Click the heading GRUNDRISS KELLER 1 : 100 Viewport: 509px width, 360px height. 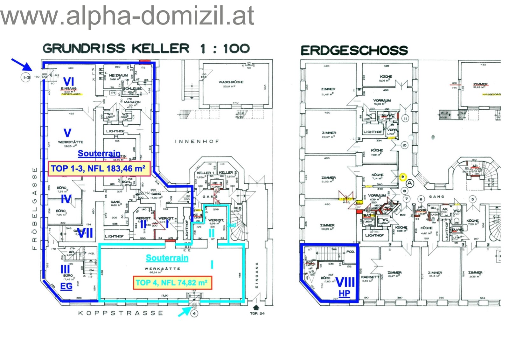146,49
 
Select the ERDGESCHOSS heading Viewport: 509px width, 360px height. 354,51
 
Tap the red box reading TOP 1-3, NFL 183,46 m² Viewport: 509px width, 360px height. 99,169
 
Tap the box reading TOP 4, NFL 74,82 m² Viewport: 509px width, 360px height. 172,283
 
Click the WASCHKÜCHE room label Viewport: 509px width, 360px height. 231,82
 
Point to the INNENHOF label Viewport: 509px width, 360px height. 197,141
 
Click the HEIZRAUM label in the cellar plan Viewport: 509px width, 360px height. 118,76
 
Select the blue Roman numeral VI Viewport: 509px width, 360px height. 69,81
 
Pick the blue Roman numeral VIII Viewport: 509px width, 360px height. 345,282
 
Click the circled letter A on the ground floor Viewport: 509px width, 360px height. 410,183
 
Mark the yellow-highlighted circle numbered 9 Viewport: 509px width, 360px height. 403,177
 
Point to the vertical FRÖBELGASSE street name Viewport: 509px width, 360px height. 35,208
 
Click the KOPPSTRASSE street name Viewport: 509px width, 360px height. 121,313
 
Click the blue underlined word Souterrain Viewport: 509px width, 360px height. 99,154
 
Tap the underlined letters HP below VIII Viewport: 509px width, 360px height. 344,294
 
